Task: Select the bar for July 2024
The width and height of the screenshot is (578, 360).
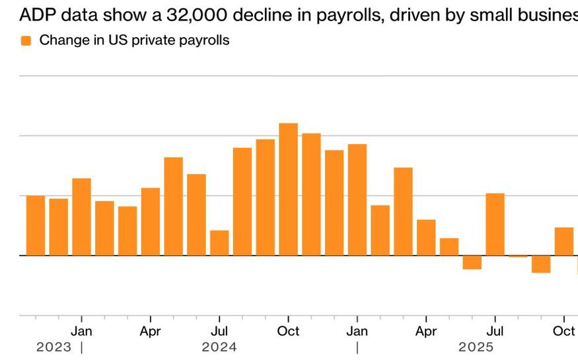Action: pyautogui.click(x=219, y=242)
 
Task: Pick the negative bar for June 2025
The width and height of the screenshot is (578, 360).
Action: pyautogui.click(x=472, y=262)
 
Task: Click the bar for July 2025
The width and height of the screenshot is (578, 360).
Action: pyautogui.click(x=495, y=224)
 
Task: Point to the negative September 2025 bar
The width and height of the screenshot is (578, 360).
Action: pyautogui.click(x=541, y=264)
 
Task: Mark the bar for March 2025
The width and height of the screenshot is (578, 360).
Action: pyautogui.click(x=403, y=211)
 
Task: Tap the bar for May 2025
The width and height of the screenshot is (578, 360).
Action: pyautogui.click(x=449, y=246)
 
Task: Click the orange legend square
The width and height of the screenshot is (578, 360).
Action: pyautogui.click(x=26, y=40)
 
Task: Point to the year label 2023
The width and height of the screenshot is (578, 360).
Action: pyautogui.click(x=54, y=347)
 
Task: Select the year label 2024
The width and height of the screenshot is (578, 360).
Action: pyautogui.click(x=219, y=347)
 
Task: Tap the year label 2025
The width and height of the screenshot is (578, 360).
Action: pyautogui.click(x=476, y=347)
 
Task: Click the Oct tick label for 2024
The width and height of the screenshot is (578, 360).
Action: pyautogui.click(x=288, y=331)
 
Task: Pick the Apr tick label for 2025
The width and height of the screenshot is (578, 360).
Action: pyautogui.click(x=426, y=331)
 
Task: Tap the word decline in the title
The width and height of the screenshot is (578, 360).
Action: pyautogui.click(x=250, y=15)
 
